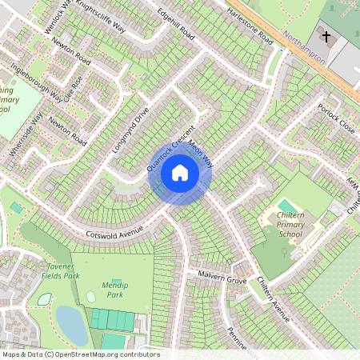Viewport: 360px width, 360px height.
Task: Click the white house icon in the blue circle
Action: [180, 173]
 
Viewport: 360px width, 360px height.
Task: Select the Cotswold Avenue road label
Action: [115, 230]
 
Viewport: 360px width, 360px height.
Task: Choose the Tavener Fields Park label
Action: [60, 271]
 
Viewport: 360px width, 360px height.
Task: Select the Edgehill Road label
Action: [176, 25]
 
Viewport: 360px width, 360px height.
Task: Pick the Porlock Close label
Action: [334, 118]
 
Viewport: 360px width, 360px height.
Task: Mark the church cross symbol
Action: [325, 36]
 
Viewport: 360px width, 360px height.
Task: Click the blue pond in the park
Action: [71, 325]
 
